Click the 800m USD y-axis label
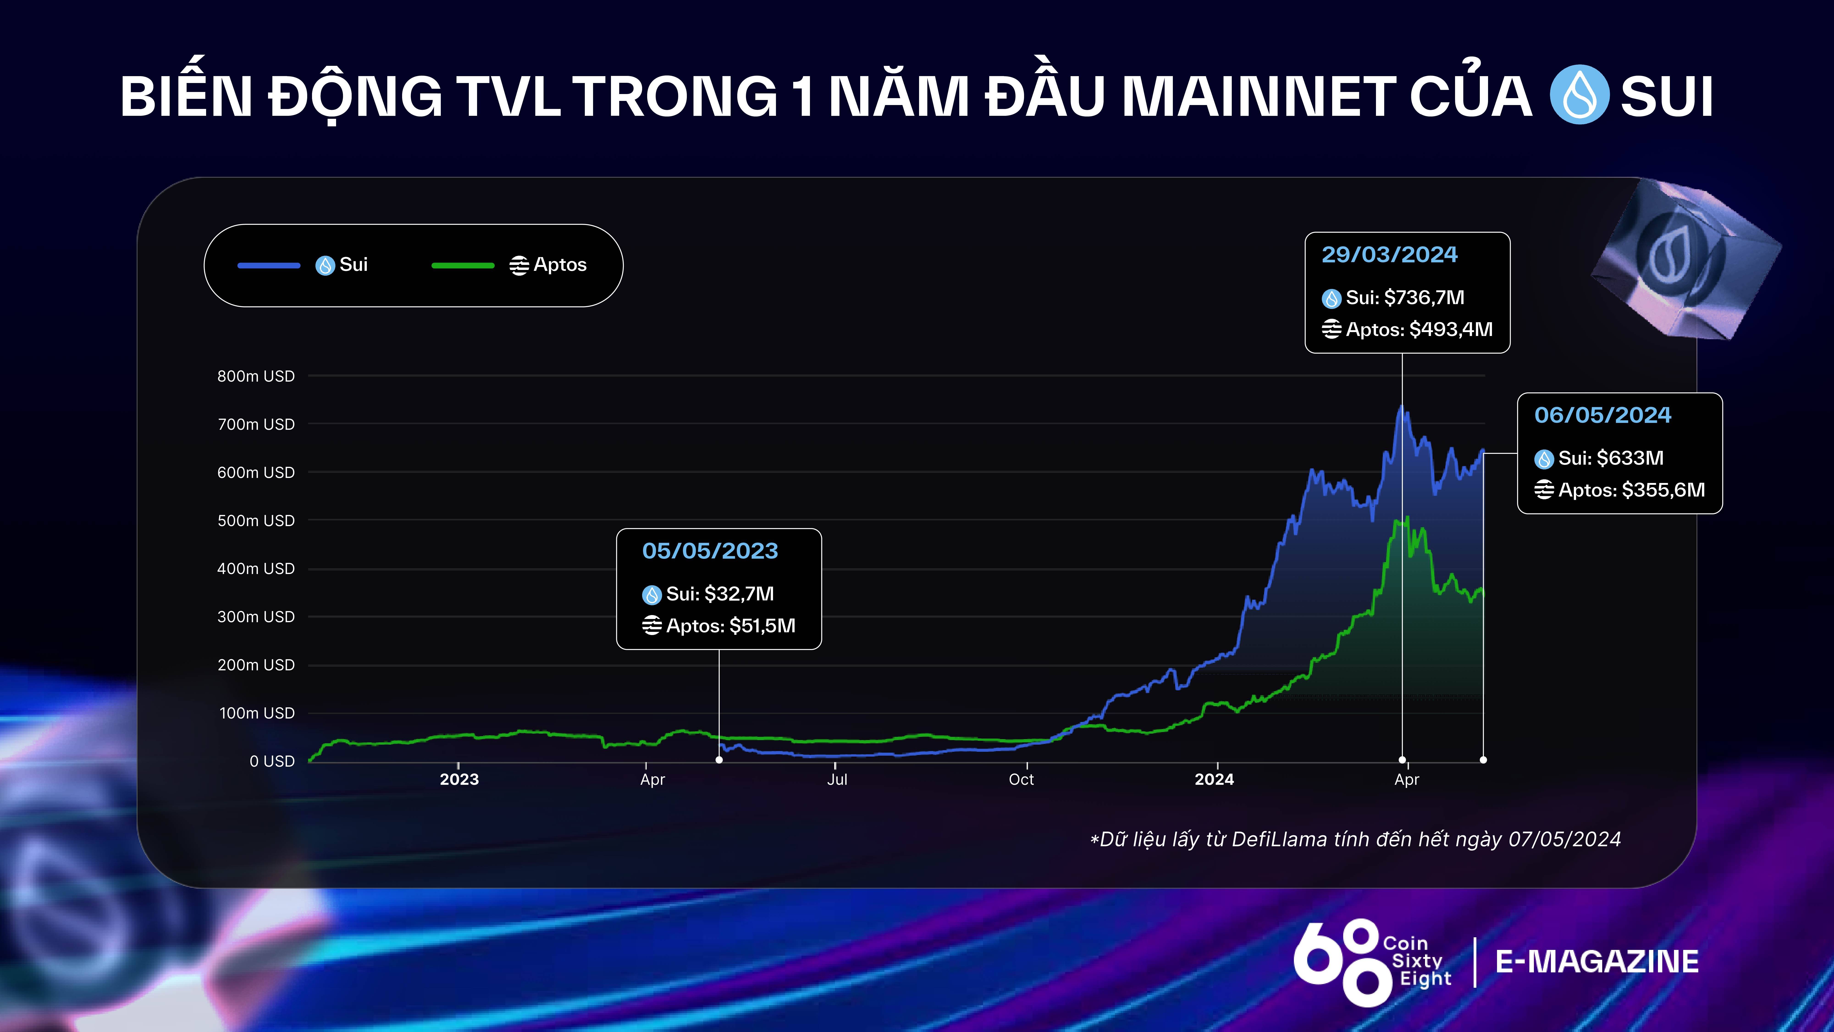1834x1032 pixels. point(256,376)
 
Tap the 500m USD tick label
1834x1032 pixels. point(256,521)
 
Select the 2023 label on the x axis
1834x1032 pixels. point(459,779)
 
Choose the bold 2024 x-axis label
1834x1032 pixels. point(1214,779)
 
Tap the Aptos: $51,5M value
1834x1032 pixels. point(730,626)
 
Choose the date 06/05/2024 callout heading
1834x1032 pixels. point(1603,415)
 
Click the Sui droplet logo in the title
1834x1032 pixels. point(1579,95)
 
